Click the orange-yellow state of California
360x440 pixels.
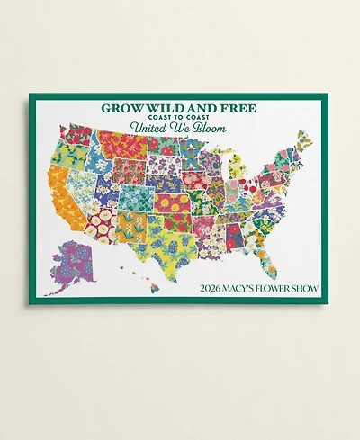click(x=64, y=193)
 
